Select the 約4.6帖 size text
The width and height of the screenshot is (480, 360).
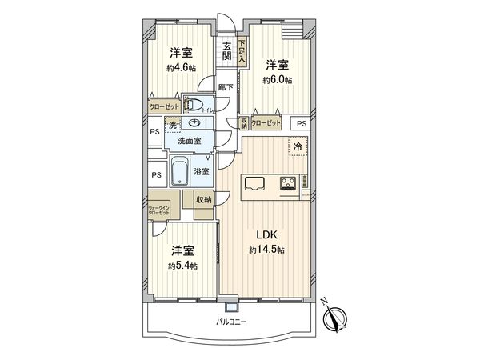pyautogui.click(x=180, y=68)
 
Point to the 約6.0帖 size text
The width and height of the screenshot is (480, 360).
pyautogui.click(x=278, y=80)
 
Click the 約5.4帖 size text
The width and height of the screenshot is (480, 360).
pyautogui.click(x=182, y=265)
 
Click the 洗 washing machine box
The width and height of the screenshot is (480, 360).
pyautogui.click(x=171, y=125)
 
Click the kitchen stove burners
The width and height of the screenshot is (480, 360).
pyautogui.click(x=288, y=183)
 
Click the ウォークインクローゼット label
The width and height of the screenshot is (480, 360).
pyautogui.click(x=158, y=211)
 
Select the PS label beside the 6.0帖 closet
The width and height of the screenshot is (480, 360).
pyautogui.click(x=301, y=124)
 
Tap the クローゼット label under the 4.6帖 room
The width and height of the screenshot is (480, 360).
pyautogui.click(x=162, y=106)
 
